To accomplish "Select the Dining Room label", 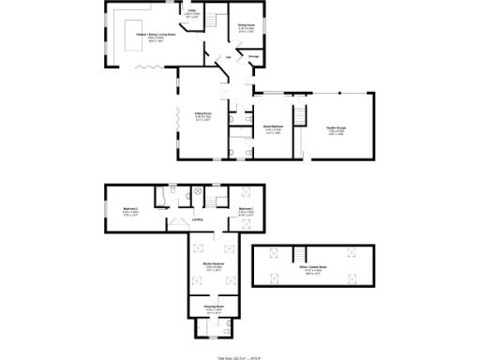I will click(x=247, y=27).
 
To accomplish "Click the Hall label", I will click(x=228, y=56).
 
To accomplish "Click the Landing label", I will click(x=199, y=220).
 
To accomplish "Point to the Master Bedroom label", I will click(x=212, y=266).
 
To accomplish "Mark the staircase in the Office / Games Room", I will click(x=302, y=255).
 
